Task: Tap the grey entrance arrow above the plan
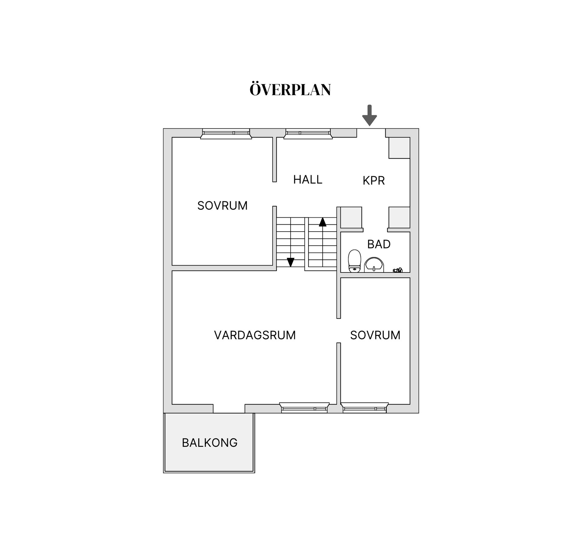[x=369, y=115]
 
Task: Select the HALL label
[x=308, y=180]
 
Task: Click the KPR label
[x=374, y=180]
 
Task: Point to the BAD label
[x=379, y=244]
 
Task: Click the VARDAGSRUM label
[x=255, y=335]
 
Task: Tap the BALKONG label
[x=210, y=443]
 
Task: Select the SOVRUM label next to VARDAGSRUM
[x=375, y=335]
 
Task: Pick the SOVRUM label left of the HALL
[x=222, y=206]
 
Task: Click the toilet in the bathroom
[x=354, y=261]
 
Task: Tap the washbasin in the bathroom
[x=374, y=265]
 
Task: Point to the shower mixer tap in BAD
[x=398, y=270]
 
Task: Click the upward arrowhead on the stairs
[x=323, y=222]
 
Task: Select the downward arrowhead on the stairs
[x=290, y=262]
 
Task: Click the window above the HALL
[x=308, y=134]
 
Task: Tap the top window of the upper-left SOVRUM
[x=226, y=134]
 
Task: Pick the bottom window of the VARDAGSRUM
[x=304, y=407]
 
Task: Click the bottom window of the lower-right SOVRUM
[x=365, y=407]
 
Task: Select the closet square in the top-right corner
[x=399, y=148]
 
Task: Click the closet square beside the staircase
[x=351, y=217]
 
